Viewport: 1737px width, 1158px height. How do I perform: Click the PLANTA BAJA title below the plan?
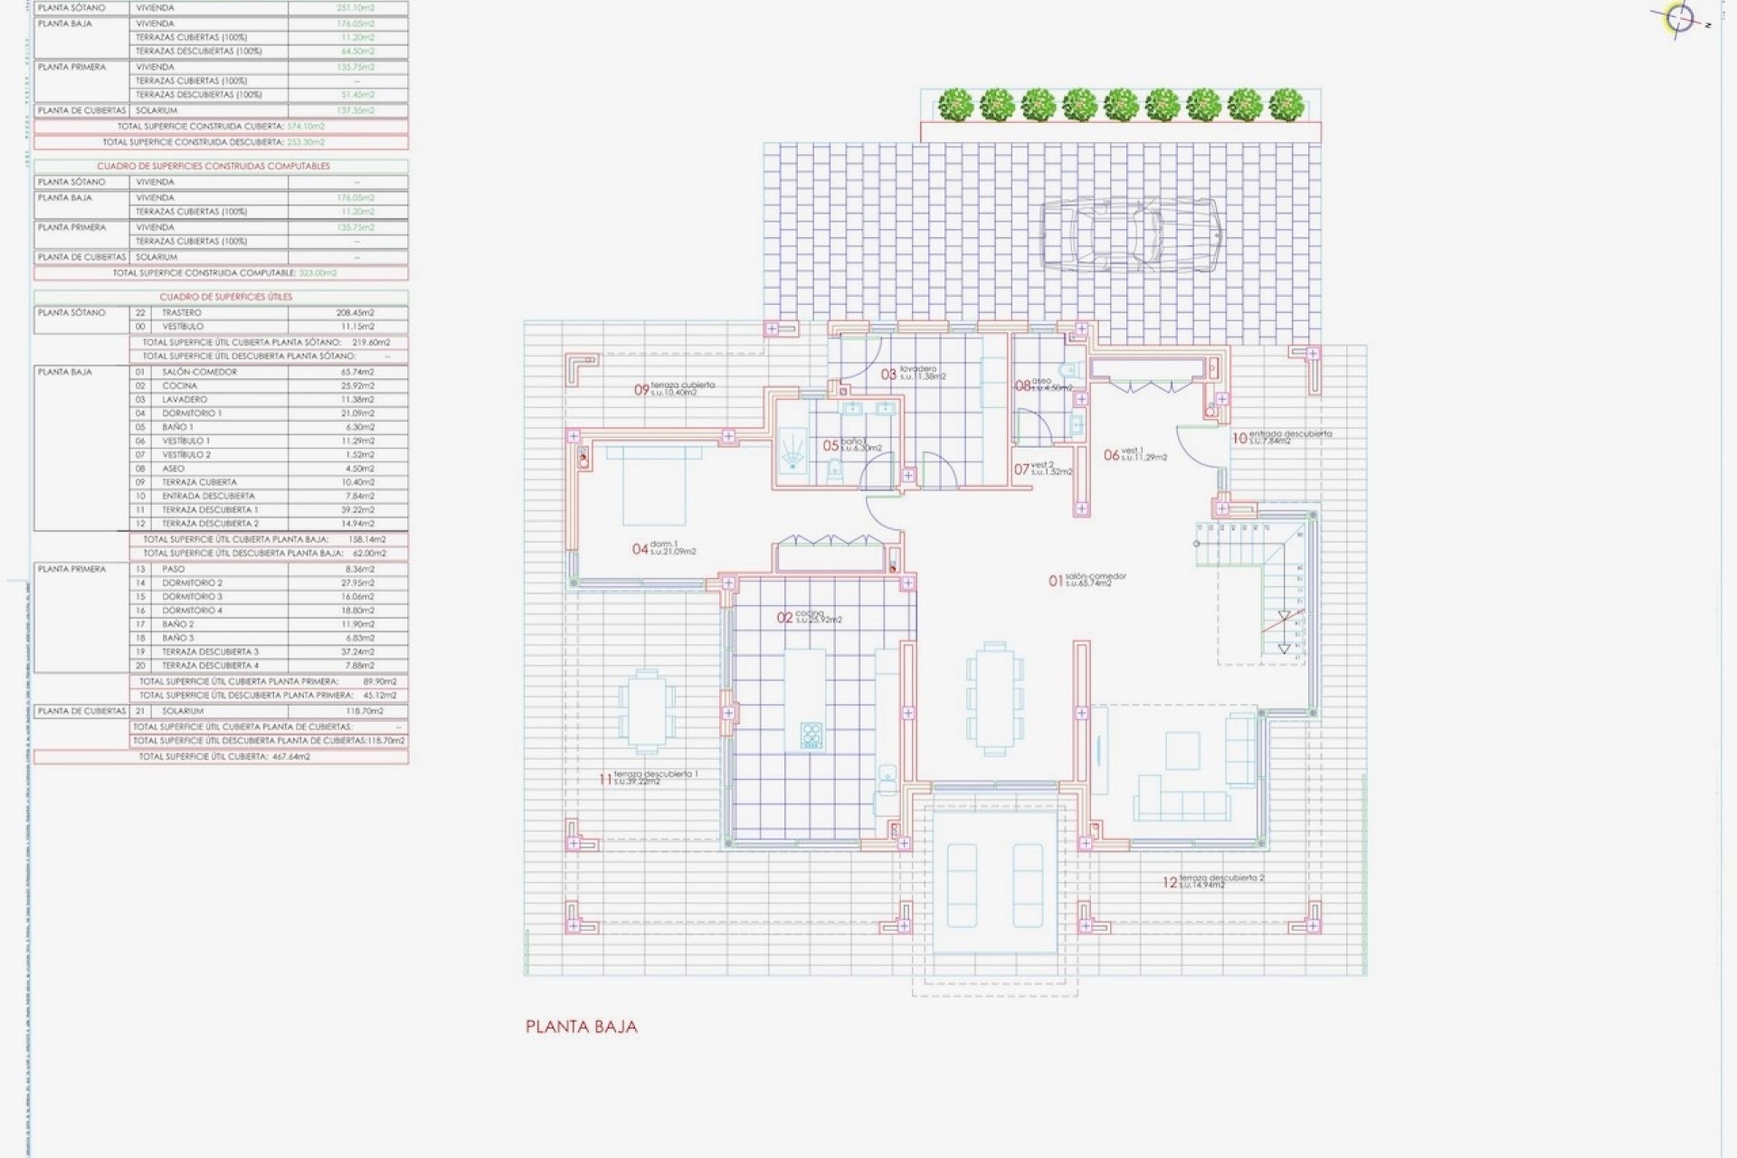[x=581, y=1027]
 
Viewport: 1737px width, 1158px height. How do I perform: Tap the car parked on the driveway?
[x=1130, y=233]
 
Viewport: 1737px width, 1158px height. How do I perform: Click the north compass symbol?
[x=1679, y=19]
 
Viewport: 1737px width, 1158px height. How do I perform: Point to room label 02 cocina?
[x=810, y=618]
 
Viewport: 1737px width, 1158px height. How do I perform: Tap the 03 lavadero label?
[x=914, y=373]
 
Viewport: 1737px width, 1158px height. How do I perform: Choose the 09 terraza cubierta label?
[x=674, y=389]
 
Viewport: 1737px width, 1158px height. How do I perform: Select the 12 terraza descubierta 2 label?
[x=1213, y=881]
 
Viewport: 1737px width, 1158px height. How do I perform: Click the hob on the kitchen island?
[x=812, y=736]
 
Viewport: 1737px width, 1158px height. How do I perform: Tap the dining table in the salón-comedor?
[x=994, y=698]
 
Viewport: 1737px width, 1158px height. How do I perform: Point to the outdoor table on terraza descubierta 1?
[x=647, y=711]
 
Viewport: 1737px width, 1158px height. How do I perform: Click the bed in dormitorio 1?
[x=654, y=485]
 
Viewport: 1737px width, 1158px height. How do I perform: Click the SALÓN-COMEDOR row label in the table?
[x=199, y=372]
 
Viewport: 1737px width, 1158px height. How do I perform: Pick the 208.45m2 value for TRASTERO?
[x=355, y=313]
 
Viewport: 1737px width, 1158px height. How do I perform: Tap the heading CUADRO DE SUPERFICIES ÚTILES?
[x=225, y=297]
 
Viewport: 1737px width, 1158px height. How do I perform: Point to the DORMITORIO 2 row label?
[x=192, y=583]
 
